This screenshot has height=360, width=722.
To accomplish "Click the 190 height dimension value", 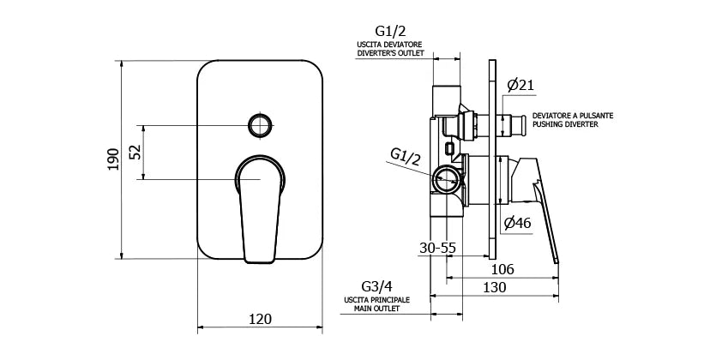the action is pos(114,159).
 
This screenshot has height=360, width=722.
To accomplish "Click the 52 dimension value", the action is pos(135,151).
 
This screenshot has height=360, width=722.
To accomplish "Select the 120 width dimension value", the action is pos(260,319).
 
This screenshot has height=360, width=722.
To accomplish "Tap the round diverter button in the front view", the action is pos(260,125).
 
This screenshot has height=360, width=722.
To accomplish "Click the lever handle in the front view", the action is pos(260,208).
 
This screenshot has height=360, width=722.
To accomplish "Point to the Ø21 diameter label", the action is pos(520,85).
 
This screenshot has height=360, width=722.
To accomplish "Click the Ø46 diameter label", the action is pos(517,223).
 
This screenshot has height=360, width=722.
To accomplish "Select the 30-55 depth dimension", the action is pos(437,248).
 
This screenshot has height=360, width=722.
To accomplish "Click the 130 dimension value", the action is pos(495,287).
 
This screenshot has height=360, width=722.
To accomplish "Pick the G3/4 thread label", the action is pos(377,287).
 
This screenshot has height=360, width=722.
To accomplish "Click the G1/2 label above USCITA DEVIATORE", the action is pos(390,32).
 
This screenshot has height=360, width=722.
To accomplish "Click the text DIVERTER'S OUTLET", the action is pos(390,53).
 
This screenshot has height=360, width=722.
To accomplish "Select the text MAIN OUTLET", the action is pos(376,309).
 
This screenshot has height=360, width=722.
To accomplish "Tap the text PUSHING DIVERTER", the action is pos(565,125).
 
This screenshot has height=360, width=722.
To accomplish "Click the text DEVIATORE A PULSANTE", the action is pos(573,116).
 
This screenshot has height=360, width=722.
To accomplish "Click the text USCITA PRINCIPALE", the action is pos(376,300).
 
